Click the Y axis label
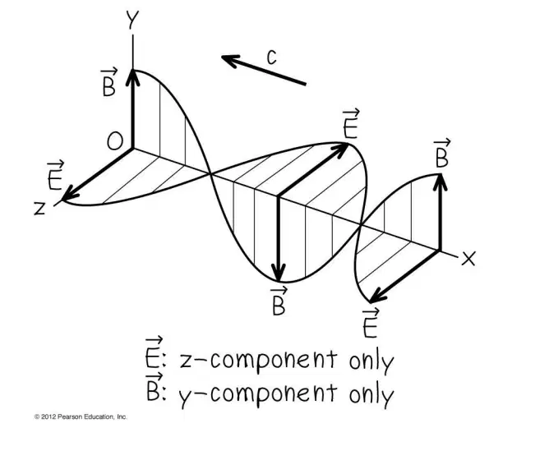coord(132,20)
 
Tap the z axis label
coord(40,208)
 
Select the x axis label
coord(468,259)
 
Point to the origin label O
coord(115,142)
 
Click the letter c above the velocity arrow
coord(271,57)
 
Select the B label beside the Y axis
coord(108,83)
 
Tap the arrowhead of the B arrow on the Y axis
coord(132,78)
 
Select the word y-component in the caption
coord(258,393)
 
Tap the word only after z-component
coord(371,361)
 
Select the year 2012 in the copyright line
coord(48,416)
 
